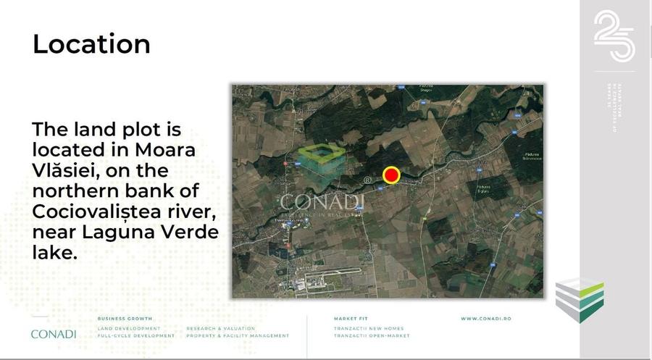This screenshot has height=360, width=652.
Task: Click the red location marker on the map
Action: [x=391, y=175]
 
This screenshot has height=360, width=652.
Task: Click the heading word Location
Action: [x=91, y=44]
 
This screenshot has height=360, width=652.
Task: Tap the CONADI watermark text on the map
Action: [x=322, y=202]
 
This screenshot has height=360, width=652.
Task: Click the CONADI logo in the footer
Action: [x=53, y=334]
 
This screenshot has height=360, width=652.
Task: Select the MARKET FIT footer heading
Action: [x=352, y=319]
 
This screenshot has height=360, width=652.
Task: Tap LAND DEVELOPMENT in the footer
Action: [x=129, y=328]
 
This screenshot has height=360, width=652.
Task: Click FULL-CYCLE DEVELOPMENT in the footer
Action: [x=135, y=336]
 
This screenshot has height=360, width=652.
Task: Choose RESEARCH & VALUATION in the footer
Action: [x=220, y=328]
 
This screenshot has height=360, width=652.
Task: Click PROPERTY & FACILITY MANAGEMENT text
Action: [x=238, y=336]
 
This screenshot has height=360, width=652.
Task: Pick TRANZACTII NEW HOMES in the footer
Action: [x=370, y=328]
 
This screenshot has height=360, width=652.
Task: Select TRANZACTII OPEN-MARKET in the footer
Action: [x=372, y=336]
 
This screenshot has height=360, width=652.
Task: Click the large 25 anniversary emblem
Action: [x=614, y=36]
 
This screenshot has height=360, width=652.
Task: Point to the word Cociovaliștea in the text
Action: [x=99, y=213]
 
